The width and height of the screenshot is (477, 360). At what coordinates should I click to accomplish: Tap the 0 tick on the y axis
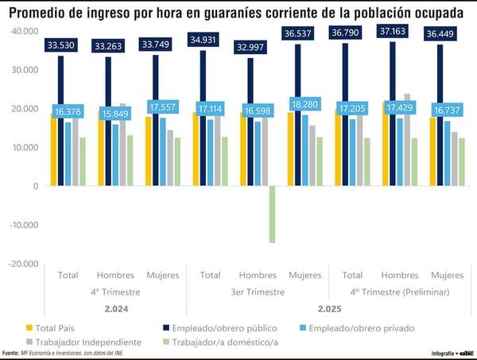point(35,186)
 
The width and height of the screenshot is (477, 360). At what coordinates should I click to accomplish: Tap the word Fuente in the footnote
point(10,352)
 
